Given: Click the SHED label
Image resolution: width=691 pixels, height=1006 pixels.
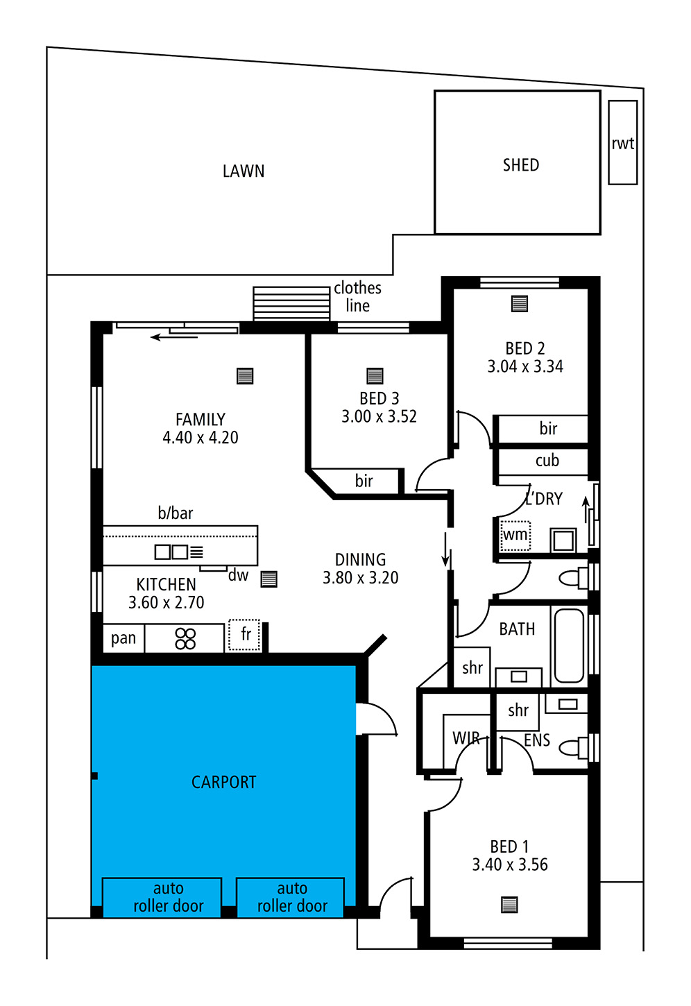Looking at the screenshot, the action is click(x=520, y=165).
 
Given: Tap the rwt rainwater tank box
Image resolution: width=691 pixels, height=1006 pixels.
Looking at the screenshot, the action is click(x=623, y=142).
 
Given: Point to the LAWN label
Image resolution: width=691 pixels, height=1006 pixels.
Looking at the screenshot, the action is click(x=244, y=171).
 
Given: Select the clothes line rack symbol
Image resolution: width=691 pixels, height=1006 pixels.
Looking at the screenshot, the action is click(x=291, y=304).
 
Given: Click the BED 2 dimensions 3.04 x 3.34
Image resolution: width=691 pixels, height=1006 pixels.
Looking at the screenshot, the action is click(x=525, y=366).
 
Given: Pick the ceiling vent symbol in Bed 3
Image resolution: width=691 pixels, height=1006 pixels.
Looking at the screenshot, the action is click(x=375, y=375).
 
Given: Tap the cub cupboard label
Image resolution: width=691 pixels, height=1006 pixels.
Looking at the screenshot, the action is click(x=547, y=461).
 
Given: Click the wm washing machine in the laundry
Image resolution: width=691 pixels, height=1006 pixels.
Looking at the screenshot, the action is click(x=515, y=536).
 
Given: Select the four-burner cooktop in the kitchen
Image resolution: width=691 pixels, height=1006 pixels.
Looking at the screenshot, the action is click(x=185, y=638).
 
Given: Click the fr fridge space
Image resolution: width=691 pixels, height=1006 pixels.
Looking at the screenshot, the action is click(x=244, y=635).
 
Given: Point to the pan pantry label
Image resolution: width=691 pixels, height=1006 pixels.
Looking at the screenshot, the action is click(x=123, y=638).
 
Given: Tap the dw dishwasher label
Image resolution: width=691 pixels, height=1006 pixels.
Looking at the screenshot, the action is click(x=238, y=575).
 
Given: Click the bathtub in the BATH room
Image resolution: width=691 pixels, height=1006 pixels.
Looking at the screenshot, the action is click(x=570, y=646).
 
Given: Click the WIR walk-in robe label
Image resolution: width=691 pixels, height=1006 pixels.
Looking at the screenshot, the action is click(x=466, y=738).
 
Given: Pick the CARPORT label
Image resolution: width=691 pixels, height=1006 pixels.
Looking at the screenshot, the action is click(x=223, y=783).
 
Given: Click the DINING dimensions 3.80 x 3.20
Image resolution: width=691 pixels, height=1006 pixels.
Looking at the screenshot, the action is click(x=361, y=577).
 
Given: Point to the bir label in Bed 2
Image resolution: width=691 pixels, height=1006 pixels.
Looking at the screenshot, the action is click(x=548, y=429).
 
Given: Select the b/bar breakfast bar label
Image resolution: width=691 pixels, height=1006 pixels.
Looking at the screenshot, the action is click(x=175, y=513).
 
